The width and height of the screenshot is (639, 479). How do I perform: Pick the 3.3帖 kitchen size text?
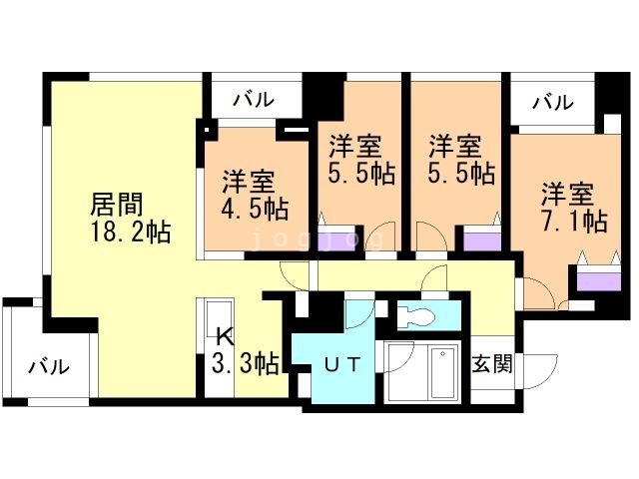click(x=244, y=362)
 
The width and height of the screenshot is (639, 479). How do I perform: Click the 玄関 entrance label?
click(x=491, y=363)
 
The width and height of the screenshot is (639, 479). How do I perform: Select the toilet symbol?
click(x=420, y=317)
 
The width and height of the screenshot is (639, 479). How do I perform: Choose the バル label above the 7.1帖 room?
click(x=552, y=101)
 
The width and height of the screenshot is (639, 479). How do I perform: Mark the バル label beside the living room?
click(x=48, y=366)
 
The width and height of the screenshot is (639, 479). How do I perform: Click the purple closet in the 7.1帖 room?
click(x=596, y=278)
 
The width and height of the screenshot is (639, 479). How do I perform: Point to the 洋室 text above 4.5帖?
click(x=249, y=183)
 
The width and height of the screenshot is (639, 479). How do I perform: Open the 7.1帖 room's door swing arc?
click(x=538, y=291)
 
